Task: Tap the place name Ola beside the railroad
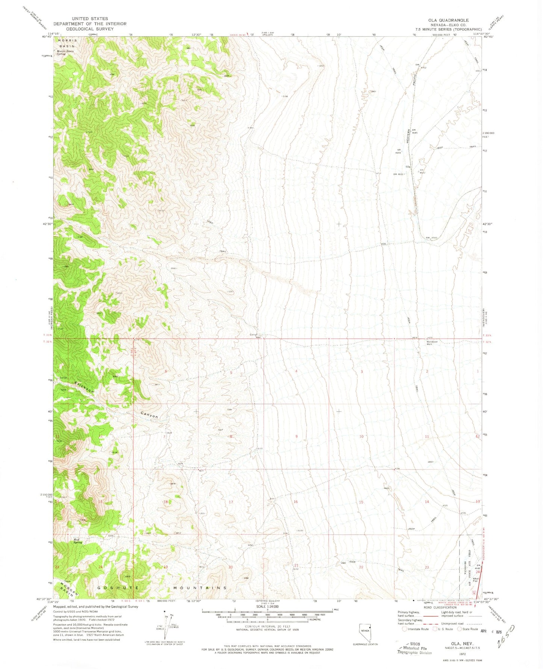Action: tap(408, 166)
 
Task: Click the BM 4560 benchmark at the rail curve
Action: tap(432, 238)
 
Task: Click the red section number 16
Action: tap(296, 502)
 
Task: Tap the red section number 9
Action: tap(296, 436)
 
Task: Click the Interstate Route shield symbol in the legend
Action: tap(404, 629)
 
